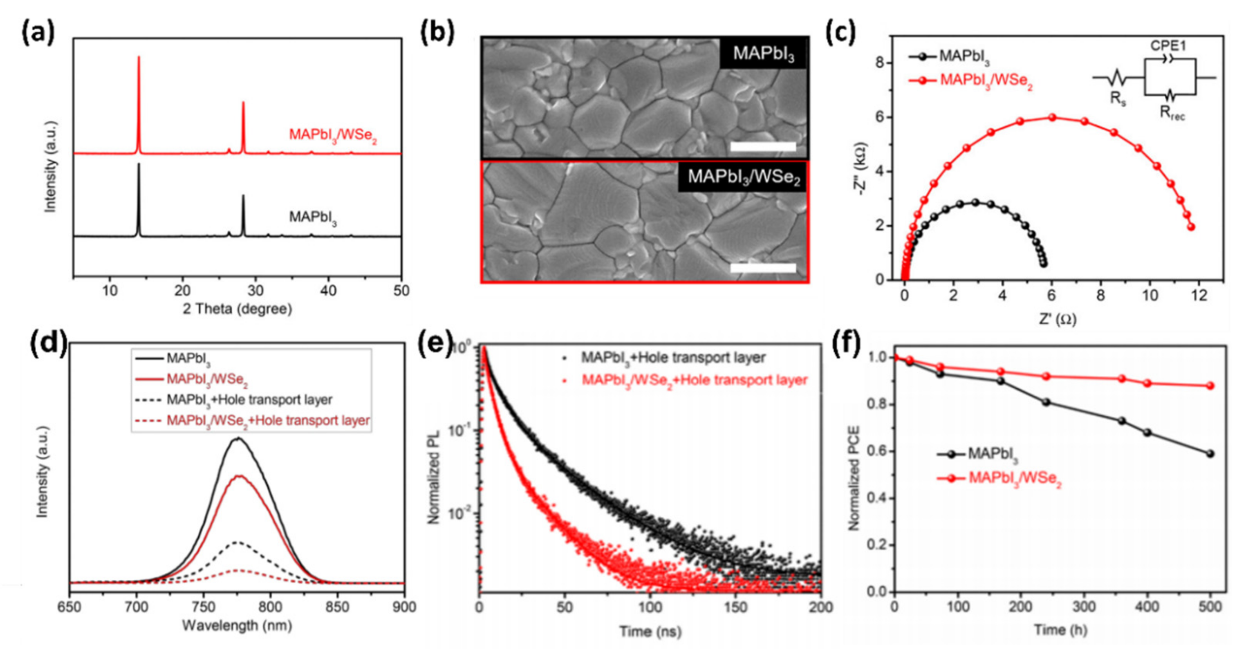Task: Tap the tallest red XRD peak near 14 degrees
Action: [139, 58]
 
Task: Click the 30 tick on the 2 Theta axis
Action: [255, 291]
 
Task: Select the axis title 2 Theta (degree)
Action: [237, 309]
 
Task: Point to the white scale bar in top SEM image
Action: [762, 146]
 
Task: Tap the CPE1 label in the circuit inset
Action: [1168, 46]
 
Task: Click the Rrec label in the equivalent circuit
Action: [1172, 113]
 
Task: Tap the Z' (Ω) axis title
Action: [1058, 319]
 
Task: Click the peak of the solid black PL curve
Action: [238, 439]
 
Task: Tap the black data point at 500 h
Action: [1210, 454]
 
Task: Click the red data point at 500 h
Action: [1210, 386]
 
